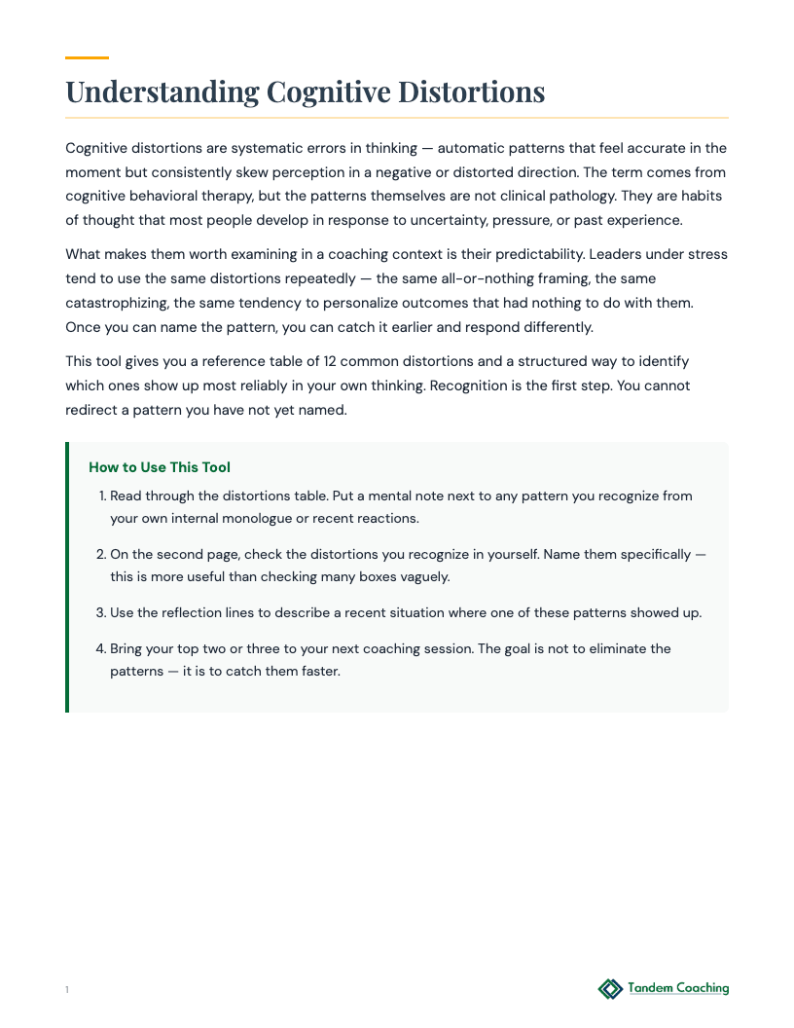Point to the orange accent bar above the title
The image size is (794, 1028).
coord(87,58)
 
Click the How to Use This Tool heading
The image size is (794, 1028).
coord(160,467)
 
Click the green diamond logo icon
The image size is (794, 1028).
coord(610,989)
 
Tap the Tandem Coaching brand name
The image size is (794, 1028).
coord(678,988)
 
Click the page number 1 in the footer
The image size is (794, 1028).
coord(67,990)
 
